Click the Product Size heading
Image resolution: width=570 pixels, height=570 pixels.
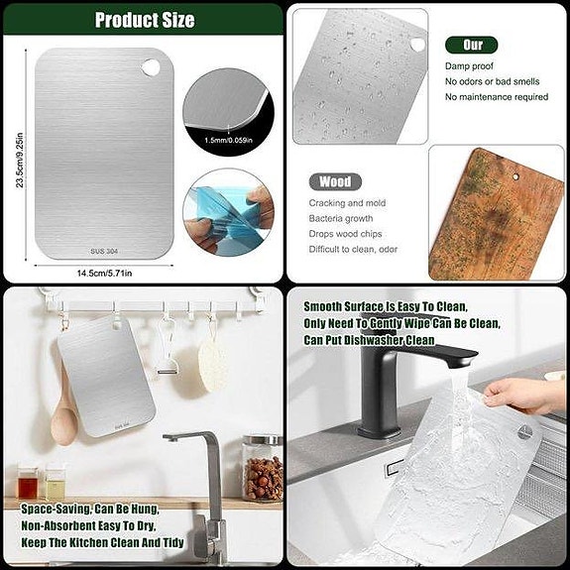click(x=144, y=20)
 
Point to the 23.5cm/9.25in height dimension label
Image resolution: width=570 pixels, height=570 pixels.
click(x=20, y=158)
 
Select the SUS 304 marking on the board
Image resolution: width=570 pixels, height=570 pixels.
click(x=102, y=252)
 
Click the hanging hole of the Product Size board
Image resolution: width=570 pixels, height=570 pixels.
click(x=150, y=66)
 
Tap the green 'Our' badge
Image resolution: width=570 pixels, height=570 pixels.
click(x=471, y=45)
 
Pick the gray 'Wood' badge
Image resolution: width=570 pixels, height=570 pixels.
click(x=334, y=182)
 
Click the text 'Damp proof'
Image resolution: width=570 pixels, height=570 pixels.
click(x=470, y=65)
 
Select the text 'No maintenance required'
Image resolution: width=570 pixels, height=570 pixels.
click(x=496, y=97)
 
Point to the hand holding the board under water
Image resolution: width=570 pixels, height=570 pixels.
click(x=524, y=395)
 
